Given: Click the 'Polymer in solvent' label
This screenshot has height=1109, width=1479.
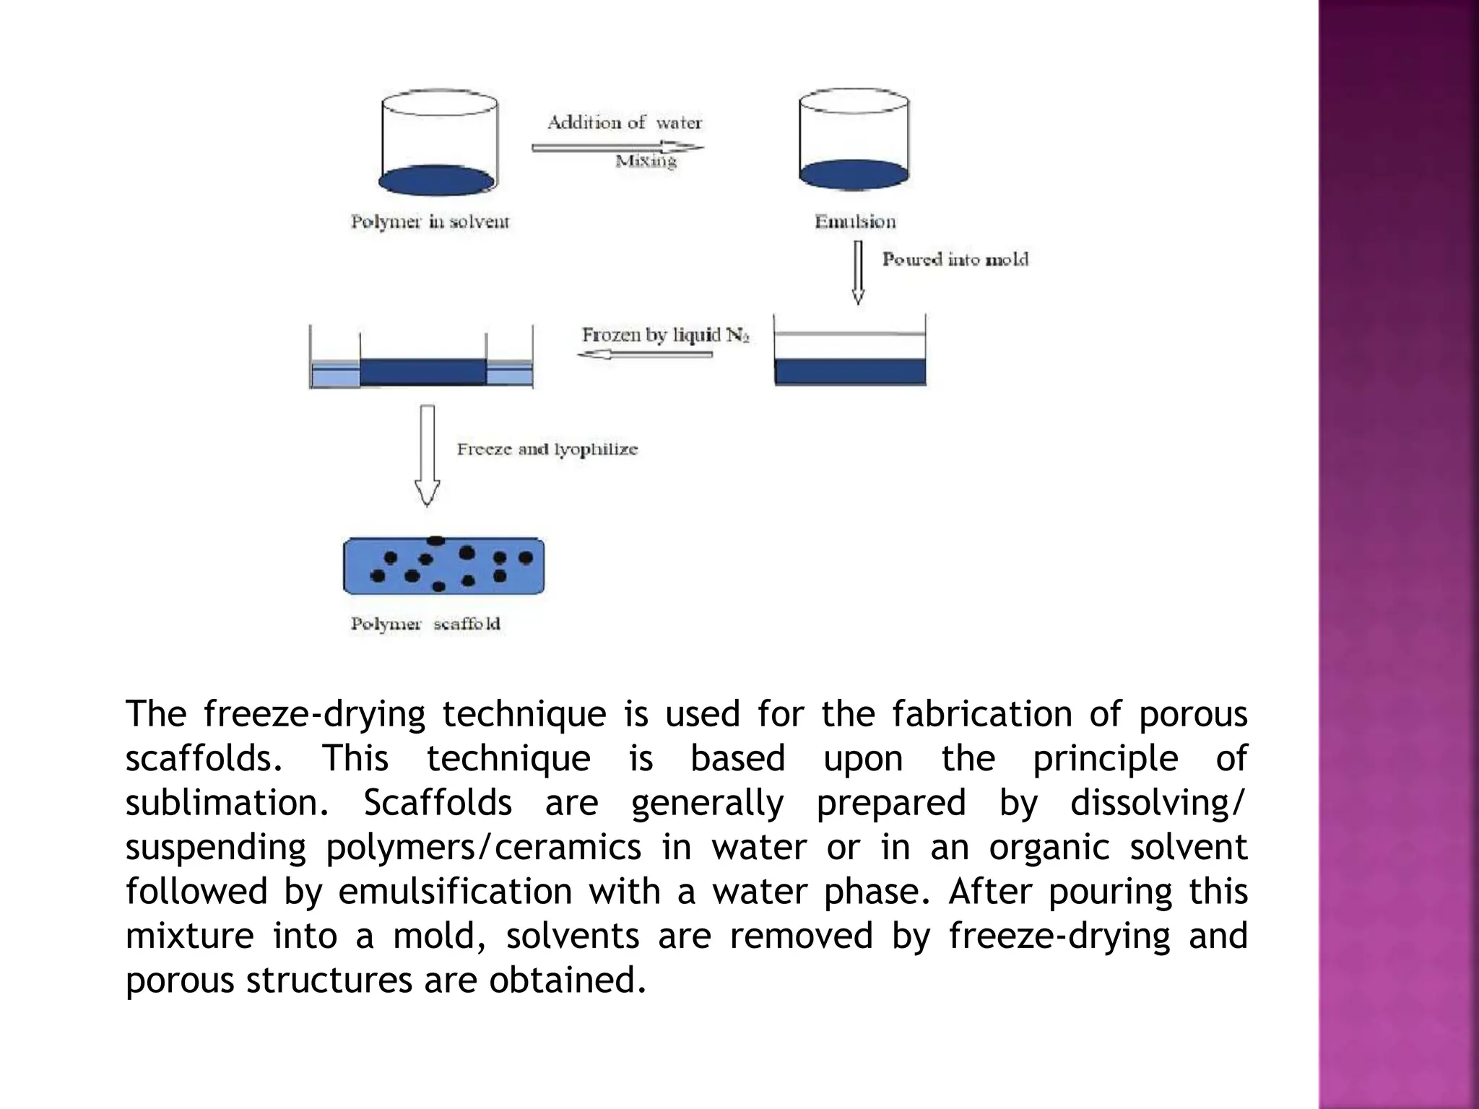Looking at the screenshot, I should point(430,222).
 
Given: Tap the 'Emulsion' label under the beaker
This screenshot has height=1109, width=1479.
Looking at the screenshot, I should point(855,222).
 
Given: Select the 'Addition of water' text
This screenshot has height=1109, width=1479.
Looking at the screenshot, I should point(624,123).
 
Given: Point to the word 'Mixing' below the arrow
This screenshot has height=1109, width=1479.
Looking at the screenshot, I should point(646,161).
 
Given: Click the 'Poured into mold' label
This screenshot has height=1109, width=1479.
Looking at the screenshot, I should point(955,259).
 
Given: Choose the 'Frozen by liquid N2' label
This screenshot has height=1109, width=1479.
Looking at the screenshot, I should point(665,335).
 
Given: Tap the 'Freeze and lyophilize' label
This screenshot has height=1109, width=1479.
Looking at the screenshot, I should point(547,449).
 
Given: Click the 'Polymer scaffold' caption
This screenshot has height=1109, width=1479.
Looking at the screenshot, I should point(425,624).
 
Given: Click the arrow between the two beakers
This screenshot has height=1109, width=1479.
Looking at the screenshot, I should point(617,147).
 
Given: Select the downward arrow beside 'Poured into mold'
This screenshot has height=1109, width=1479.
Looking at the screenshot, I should point(858,271).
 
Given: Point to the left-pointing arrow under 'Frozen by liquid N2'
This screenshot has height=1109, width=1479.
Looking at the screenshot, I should point(645,355).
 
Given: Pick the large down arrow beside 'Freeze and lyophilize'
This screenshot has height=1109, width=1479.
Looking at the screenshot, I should point(428,455).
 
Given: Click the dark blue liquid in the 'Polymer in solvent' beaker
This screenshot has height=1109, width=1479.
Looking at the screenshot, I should point(437,181).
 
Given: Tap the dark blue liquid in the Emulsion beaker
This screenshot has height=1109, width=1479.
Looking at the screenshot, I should point(854,175).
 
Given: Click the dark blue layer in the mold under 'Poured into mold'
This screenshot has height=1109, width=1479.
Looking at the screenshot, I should point(850,371).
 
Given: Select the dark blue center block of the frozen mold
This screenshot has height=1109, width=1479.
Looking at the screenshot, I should point(422,372).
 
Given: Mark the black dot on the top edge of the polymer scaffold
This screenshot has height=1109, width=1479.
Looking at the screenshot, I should point(436,540).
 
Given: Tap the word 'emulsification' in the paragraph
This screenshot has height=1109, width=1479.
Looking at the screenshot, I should point(455,891).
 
